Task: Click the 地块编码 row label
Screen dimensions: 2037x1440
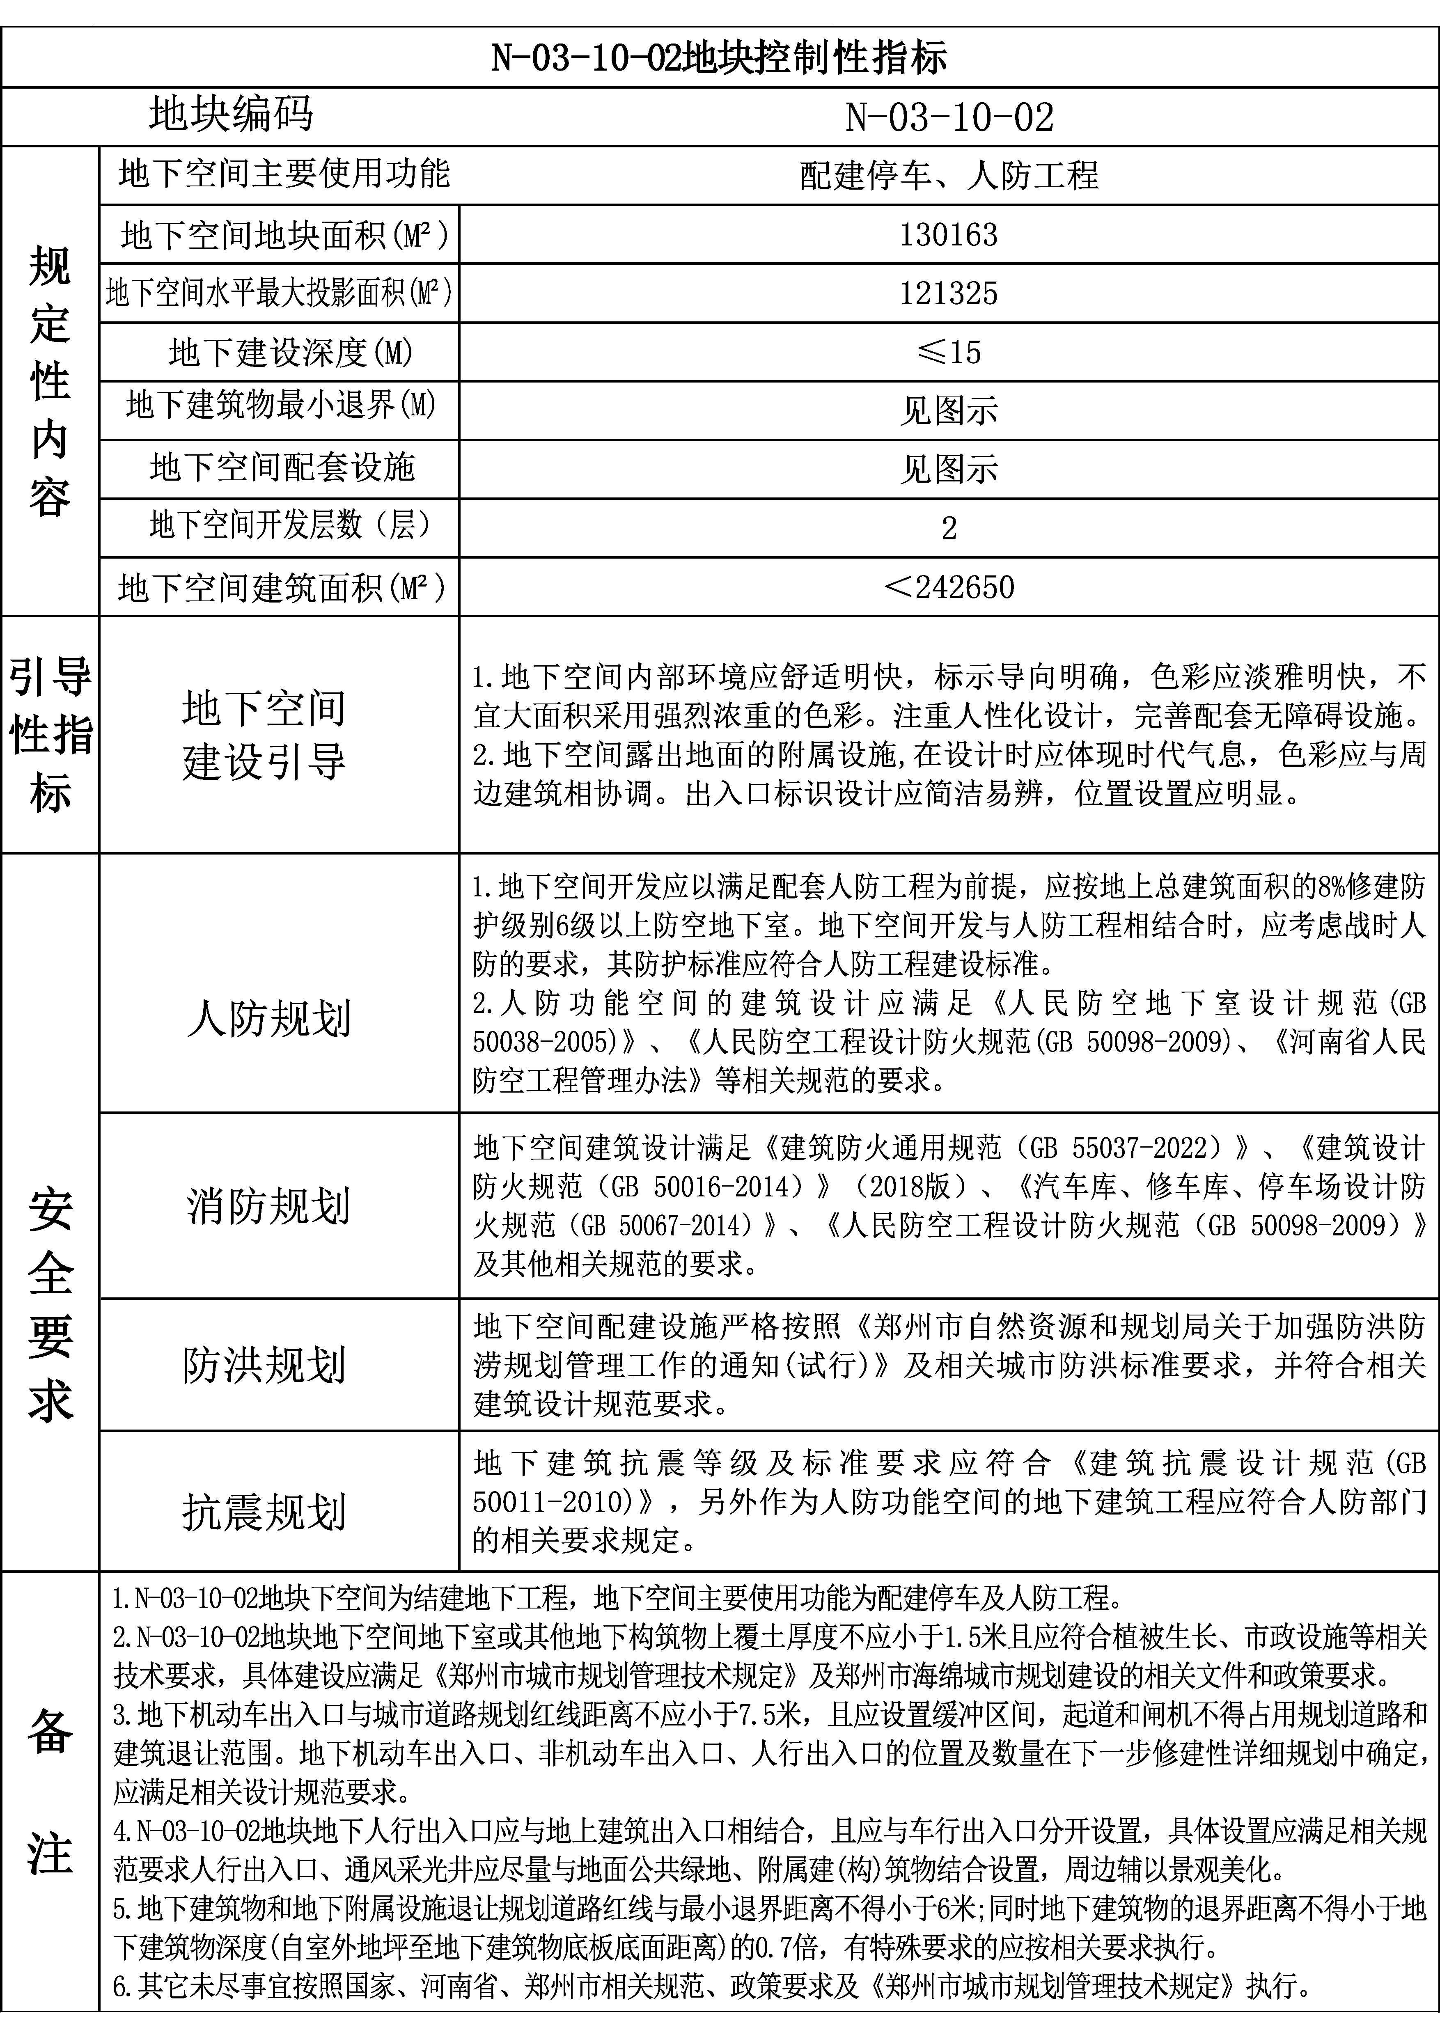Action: tap(231, 115)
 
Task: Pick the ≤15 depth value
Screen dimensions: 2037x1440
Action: tap(949, 352)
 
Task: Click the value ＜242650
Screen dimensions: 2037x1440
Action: tap(949, 587)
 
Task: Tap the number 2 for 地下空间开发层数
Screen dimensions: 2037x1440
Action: tap(949, 528)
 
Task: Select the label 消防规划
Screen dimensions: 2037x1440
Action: tap(269, 1205)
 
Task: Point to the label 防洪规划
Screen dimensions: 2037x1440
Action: tap(264, 1365)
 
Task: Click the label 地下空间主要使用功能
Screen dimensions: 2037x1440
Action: tap(284, 173)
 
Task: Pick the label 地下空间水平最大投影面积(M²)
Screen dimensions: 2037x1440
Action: tap(279, 292)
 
